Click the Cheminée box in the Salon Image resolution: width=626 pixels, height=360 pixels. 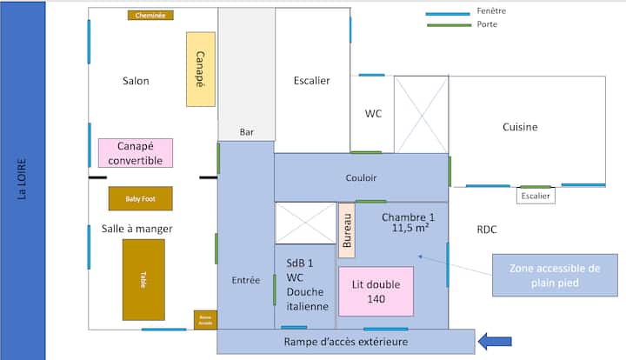point(150,15)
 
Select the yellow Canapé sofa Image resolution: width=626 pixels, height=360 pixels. point(200,70)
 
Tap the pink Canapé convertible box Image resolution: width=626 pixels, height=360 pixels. point(136,152)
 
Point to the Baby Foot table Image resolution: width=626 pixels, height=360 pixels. point(140,198)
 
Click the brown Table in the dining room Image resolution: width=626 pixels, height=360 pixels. point(143,280)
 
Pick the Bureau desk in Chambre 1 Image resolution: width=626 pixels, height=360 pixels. point(347,232)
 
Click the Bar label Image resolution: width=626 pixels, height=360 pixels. point(247,132)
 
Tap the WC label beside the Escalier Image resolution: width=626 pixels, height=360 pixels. point(373,113)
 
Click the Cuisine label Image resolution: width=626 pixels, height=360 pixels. point(520,127)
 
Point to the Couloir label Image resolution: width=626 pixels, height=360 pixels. point(361,177)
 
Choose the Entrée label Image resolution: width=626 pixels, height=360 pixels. point(246,280)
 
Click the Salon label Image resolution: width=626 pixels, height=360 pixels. point(136,81)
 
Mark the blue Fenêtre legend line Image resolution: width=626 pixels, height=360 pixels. point(447,13)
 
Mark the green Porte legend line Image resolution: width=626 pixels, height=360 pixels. point(447,24)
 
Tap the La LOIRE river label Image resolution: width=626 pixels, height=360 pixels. point(23,179)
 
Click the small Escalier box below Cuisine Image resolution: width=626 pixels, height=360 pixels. point(536,197)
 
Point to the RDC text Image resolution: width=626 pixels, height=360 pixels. point(488,230)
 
